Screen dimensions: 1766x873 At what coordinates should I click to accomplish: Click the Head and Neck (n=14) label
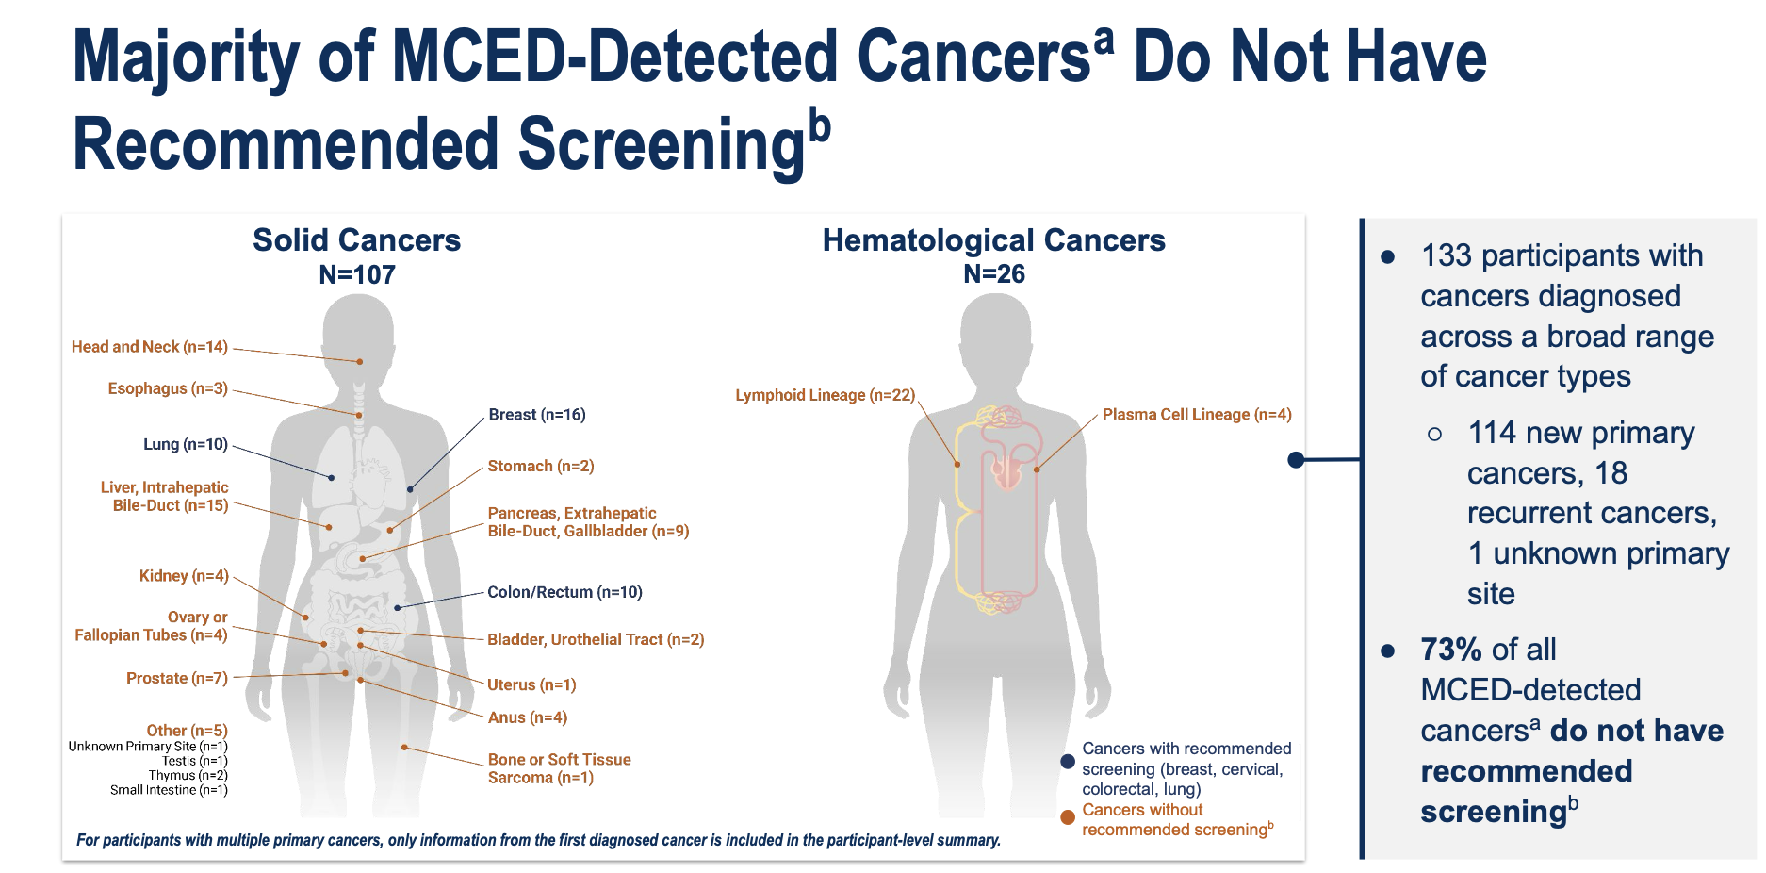(150, 347)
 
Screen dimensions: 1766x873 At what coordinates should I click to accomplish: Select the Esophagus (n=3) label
(168, 388)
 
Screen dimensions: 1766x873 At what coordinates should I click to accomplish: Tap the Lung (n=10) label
(186, 444)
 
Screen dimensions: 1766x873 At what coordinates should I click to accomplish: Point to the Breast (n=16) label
(537, 415)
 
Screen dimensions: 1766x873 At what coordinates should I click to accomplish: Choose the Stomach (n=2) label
(541, 466)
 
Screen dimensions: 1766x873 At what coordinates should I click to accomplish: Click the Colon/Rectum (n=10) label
(564, 592)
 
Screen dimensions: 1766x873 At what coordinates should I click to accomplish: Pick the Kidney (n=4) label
(184, 576)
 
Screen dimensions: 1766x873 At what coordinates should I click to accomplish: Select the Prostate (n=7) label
(177, 678)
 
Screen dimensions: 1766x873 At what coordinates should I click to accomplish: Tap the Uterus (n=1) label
(531, 684)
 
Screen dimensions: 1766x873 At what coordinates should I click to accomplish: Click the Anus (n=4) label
(528, 717)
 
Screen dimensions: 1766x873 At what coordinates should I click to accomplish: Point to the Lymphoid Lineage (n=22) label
(826, 395)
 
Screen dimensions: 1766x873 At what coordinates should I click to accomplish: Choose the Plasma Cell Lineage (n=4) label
(1197, 415)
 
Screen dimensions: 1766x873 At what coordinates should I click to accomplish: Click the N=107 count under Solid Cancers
(357, 274)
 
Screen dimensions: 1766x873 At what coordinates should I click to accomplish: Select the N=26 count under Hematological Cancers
(994, 274)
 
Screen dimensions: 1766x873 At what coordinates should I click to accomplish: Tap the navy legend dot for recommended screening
(1068, 762)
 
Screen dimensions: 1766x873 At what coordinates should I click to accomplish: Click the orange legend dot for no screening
(1068, 817)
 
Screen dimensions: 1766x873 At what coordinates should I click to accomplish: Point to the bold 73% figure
(1452, 650)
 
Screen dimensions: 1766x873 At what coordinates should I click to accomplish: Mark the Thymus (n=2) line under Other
(188, 775)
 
